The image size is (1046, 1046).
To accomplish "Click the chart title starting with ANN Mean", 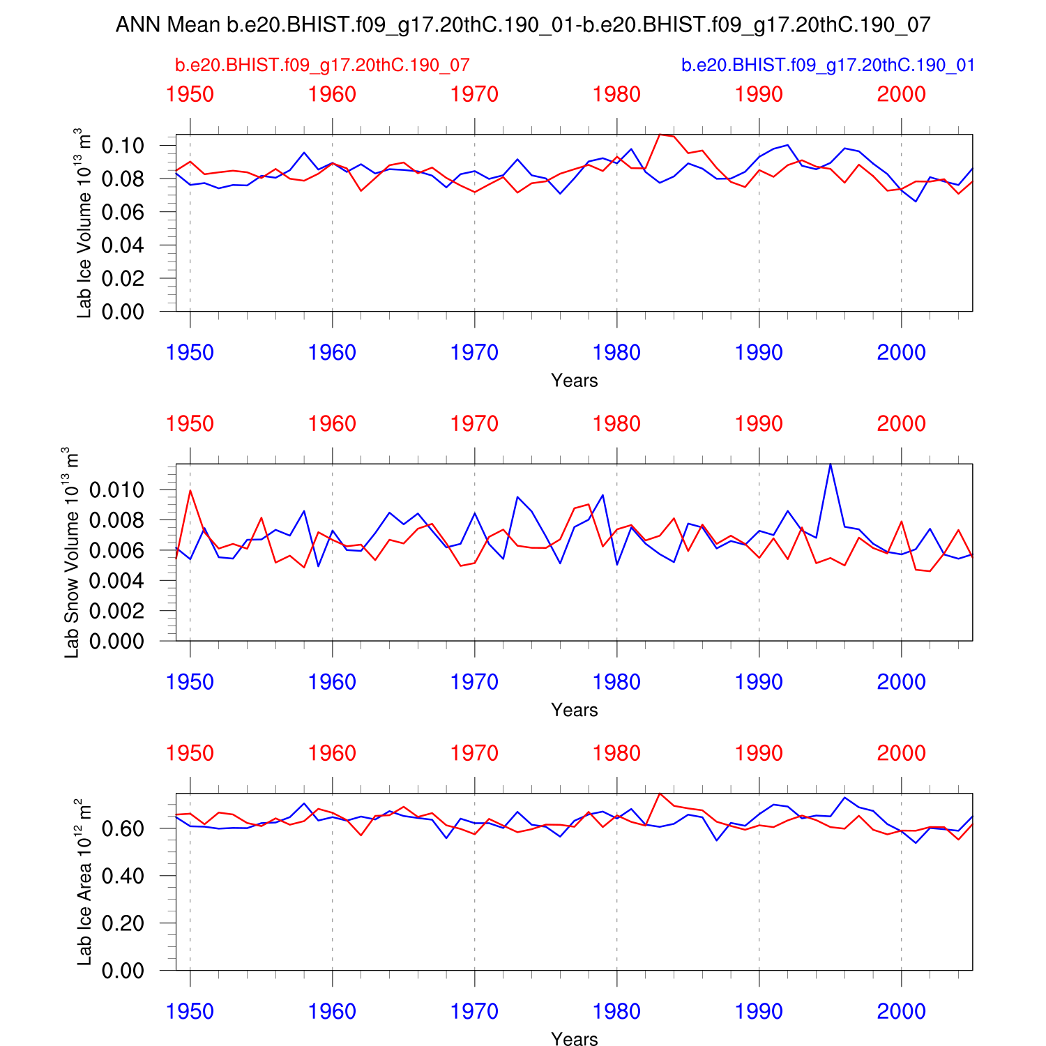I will (523, 25).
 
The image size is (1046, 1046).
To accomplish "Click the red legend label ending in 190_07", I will (322, 66).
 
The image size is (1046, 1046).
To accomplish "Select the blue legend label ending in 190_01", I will (828, 66).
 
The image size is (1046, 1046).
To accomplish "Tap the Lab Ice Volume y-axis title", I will (84, 223).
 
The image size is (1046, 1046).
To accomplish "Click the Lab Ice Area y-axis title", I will (84, 882).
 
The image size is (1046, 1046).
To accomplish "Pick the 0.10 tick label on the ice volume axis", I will (123, 146).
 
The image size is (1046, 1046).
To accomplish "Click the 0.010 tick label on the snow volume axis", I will (116, 490).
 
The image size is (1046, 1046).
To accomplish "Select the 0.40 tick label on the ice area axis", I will (123, 876).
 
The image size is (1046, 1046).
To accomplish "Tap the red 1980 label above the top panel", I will (616, 95).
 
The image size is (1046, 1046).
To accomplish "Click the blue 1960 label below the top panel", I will (332, 353).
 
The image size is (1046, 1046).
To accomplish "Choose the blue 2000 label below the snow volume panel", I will (901, 682).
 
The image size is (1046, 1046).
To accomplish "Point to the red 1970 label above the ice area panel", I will (474, 754).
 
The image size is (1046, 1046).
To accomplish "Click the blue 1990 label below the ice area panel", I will (759, 1011).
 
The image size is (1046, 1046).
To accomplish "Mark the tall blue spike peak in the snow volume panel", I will (830, 464).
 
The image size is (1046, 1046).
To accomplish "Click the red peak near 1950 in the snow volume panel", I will (190, 490).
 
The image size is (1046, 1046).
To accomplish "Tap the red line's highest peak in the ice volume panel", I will (660, 135).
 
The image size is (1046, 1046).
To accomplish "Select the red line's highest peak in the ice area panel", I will (660, 794).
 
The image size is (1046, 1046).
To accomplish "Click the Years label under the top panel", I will (574, 381).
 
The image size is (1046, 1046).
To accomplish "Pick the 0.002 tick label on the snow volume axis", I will (116, 611).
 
